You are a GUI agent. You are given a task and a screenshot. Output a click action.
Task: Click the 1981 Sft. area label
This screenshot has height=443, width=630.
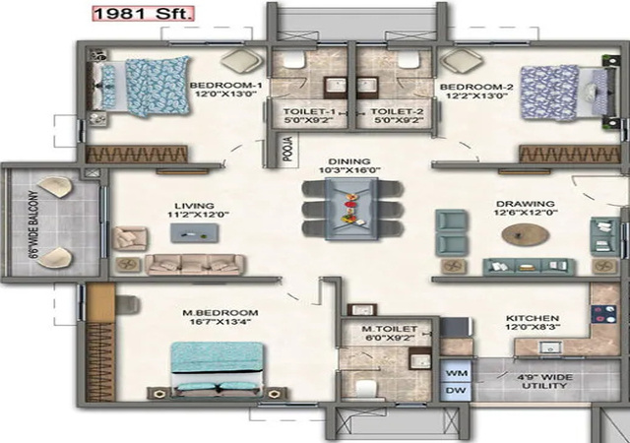click(x=143, y=14)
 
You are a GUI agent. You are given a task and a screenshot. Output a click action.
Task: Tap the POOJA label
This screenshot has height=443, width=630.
click(x=288, y=149)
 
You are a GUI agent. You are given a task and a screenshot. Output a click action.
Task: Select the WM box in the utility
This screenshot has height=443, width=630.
click(x=457, y=373)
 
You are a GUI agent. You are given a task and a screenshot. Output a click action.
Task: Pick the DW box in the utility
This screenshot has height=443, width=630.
click(x=457, y=391)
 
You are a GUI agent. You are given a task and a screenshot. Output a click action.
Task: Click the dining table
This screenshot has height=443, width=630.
click(x=351, y=209)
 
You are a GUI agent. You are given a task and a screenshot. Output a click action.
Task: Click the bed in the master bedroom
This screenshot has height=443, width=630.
click(x=217, y=368)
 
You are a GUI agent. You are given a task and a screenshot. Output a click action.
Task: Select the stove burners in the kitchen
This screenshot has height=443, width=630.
click(x=603, y=314)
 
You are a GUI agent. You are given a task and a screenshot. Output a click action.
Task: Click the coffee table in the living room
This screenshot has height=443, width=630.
click(x=195, y=233)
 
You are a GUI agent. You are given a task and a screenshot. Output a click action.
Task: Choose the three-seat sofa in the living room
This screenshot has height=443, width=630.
click(x=195, y=264)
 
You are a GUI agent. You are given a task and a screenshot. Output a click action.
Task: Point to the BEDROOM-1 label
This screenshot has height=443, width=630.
click(x=225, y=86)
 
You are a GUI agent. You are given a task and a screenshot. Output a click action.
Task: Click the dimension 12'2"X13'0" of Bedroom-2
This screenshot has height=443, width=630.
click(x=476, y=96)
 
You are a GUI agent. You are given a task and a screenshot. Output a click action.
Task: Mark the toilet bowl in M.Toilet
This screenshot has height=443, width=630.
click(x=366, y=389)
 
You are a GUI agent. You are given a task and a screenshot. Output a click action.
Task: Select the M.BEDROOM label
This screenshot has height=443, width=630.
click(x=220, y=313)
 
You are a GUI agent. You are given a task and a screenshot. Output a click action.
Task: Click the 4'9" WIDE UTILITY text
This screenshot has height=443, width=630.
click(x=544, y=382)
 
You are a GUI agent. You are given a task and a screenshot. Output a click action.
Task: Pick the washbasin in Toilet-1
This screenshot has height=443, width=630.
click(x=336, y=87)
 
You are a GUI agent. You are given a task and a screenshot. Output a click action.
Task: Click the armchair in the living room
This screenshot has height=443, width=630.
click(x=129, y=239)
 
